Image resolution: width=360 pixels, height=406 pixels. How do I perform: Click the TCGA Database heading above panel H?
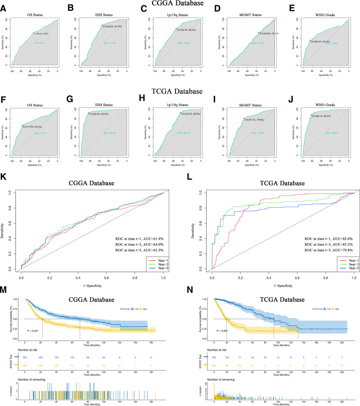click(x=180, y=92)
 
